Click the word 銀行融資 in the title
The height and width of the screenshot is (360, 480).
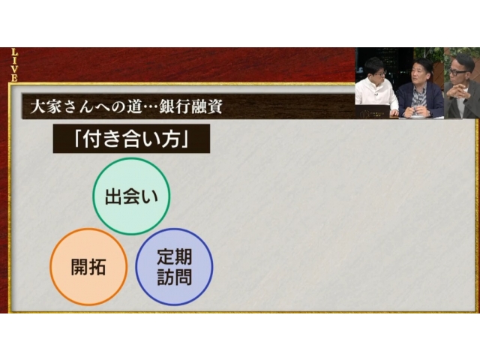pyautogui.click(x=190, y=107)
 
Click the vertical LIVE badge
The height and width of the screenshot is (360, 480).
pyautogui.click(x=14, y=65)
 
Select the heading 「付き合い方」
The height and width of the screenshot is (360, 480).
pyautogui.click(x=131, y=138)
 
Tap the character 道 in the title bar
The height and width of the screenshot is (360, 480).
pyautogui.click(x=135, y=107)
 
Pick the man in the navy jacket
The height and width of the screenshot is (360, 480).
pyautogui.click(x=420, y=91)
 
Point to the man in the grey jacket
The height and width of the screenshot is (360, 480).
pyautogui.click(x=461, y=88)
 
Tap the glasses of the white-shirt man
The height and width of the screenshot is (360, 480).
pyautogui.click(x=379, y=74)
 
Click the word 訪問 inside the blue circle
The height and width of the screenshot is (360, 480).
pyautogui.click(x=175, y=277)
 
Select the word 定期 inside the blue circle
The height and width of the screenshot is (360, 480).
pyautogui.click(x=175, y=256)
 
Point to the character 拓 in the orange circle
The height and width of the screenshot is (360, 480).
pyautogui.click(x=97, y=267)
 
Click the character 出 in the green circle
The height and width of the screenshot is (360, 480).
pyautogui.click(x=113, y=196)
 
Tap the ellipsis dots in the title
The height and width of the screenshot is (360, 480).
pyautogui.click(x=151, y=108)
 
